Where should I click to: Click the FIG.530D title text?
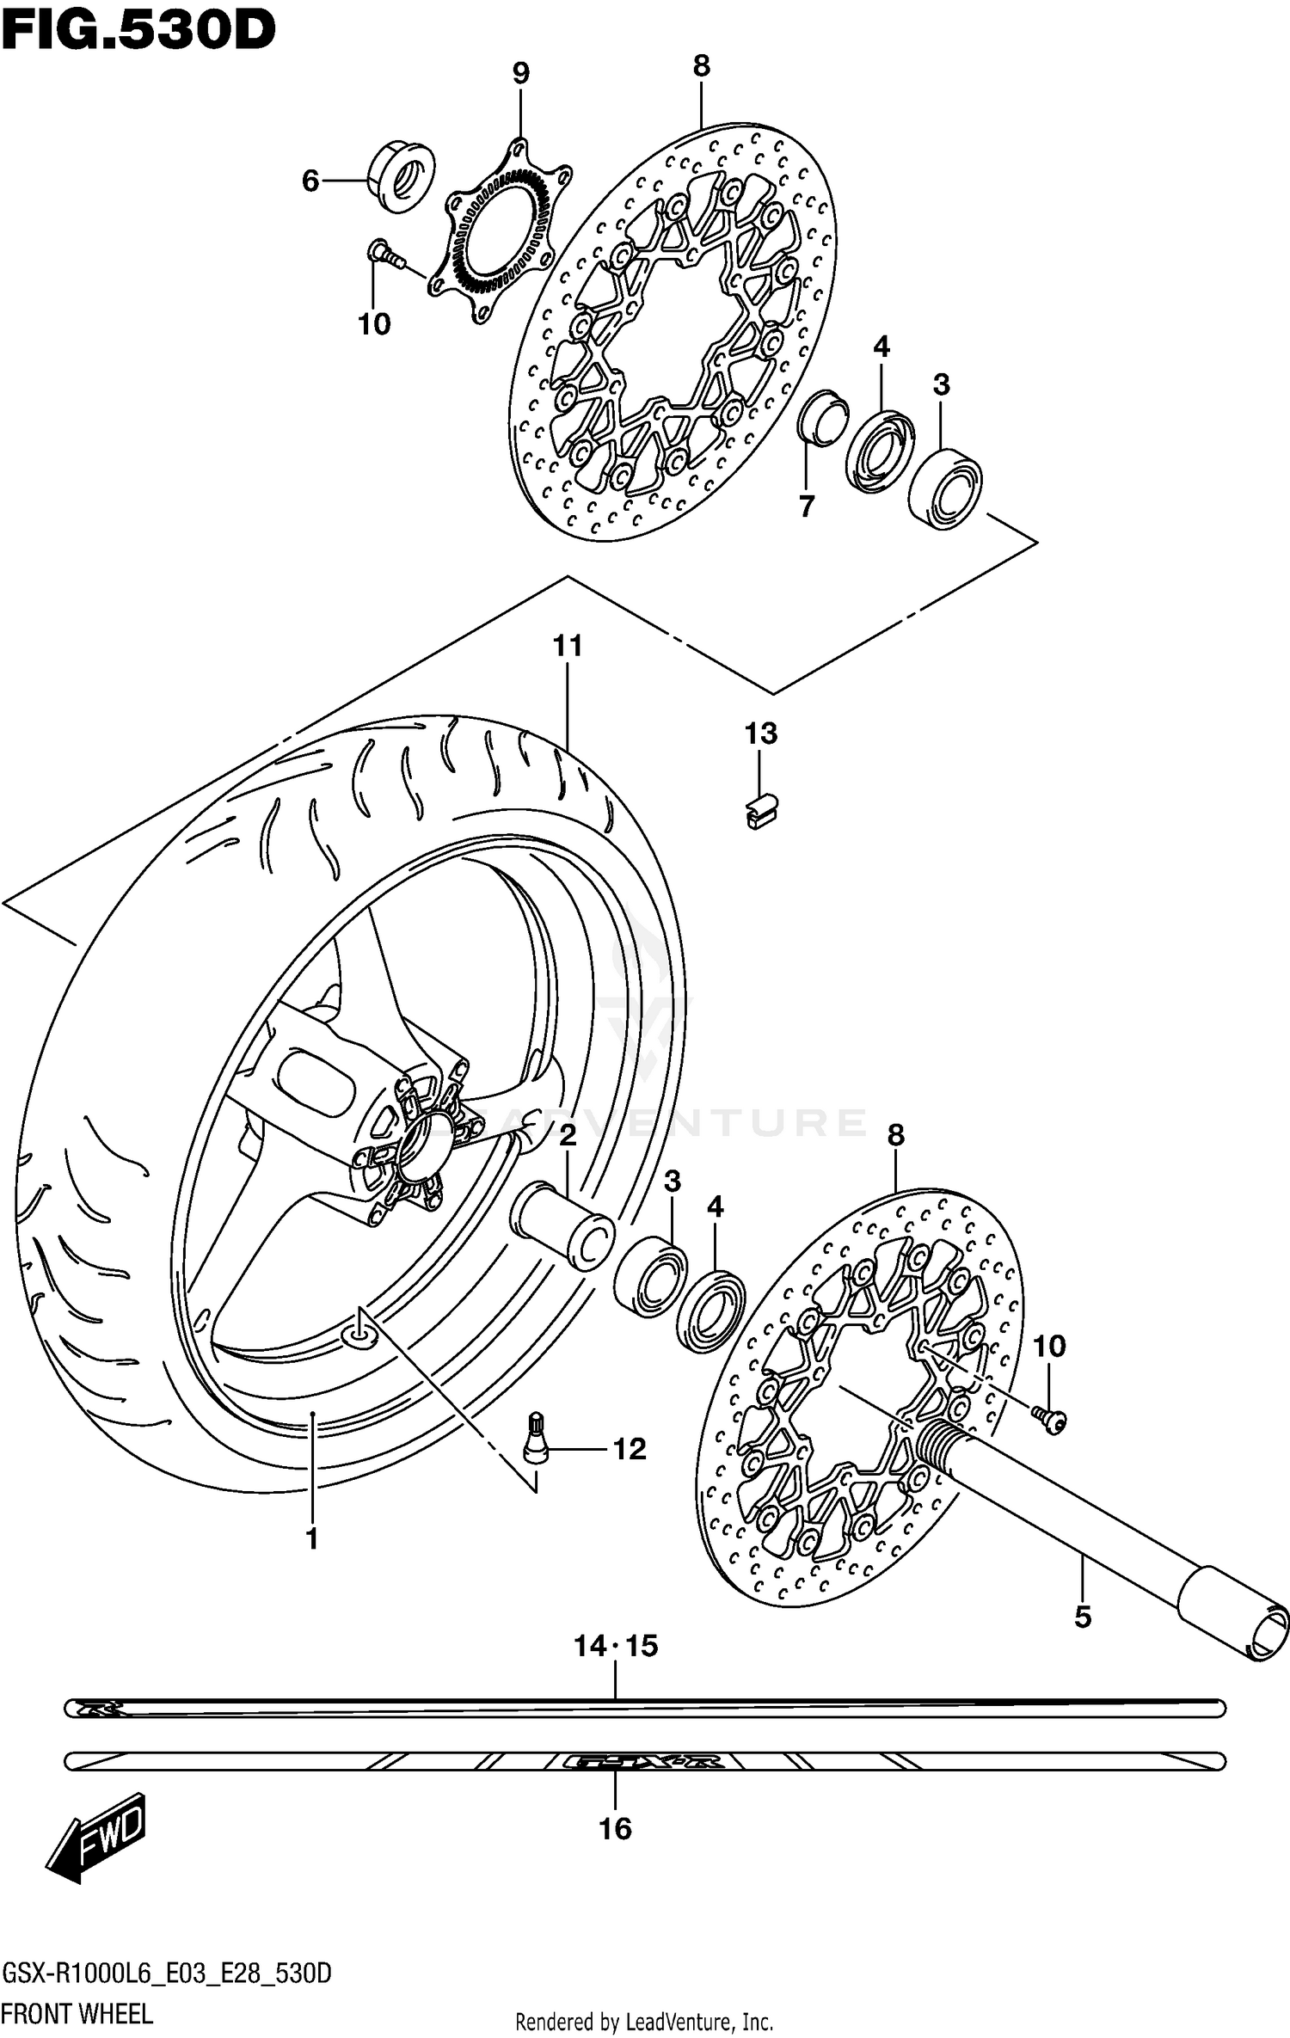[138, 30]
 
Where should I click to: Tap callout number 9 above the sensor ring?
[521, 74]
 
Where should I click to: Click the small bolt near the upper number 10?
[386, 255]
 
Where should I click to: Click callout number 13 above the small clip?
[760, 734]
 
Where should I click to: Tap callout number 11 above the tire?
[568, 646]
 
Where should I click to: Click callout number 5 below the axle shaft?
[1083, 1618]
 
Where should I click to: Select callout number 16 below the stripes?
[615, 1829]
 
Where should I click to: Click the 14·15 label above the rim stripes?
[616, 1646]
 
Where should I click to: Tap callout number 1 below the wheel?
[312, 1538]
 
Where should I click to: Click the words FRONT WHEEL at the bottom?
[77, 2013]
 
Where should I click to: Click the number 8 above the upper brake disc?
[701, 66]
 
